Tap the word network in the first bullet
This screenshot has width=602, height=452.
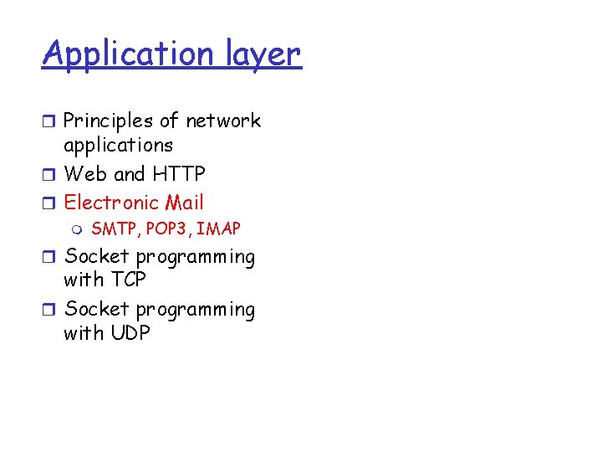point(223,121)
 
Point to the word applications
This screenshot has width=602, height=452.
point(118,146)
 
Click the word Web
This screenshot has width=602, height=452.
point(86,174)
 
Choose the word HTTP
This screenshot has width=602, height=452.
point(179,174)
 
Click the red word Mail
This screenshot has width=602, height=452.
point(184,203)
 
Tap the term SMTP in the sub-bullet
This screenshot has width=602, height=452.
point(111,229)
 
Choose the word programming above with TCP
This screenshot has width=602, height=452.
point(196,257)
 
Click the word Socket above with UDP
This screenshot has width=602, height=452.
point(96,310)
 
